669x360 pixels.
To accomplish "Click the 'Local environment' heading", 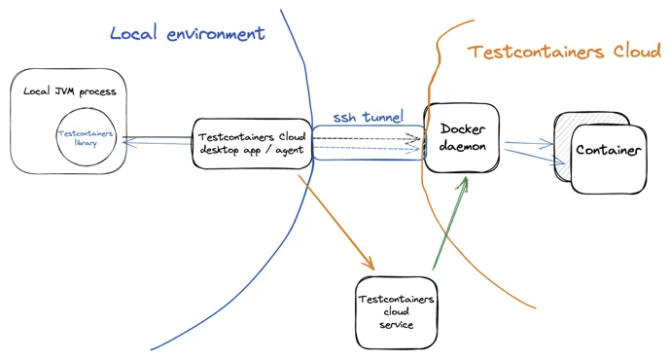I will [187, 33].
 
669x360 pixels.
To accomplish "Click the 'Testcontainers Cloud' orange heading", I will [564, 53].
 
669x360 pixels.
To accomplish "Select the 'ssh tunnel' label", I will [368, 117].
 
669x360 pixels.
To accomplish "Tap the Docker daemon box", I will [462, 137].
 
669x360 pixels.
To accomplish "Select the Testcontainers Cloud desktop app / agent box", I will [252, 142].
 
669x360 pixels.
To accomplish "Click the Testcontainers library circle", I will [86, 137].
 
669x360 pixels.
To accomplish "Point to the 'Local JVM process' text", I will [69, 91].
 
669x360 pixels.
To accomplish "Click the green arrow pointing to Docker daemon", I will [448, 225].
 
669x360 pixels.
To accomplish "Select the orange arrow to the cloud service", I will [335, 221].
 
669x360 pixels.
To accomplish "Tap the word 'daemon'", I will [462, 146].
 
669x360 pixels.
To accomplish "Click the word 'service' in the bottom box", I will [397, 324].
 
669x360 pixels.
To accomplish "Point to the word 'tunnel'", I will [382, 117].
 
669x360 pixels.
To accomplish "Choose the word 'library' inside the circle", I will [86, 143].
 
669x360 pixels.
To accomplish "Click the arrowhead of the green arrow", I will [465, 182].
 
